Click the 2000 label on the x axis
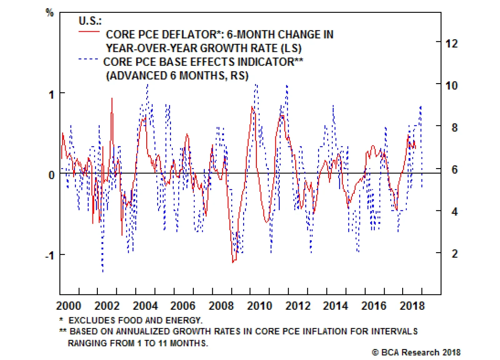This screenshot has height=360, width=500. [69, 306]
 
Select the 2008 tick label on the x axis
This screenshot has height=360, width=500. [221, 306]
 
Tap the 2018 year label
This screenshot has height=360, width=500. [412, 306]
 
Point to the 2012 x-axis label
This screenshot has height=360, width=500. [298, 306]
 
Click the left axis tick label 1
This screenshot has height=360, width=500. [52, 94]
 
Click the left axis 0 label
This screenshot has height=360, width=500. [52, 175]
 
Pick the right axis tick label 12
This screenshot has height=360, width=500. [452, 43]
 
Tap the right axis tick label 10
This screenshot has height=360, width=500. [452, 85]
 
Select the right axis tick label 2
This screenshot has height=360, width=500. [455, 253]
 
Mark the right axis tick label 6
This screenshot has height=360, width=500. [455, 170]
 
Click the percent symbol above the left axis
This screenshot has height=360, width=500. [50, 12]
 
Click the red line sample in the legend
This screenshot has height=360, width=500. [89, 32]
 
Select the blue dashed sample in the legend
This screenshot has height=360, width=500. [88, 59]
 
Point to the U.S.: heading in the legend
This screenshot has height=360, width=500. [90, 21]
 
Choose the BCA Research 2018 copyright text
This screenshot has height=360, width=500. [416, 352]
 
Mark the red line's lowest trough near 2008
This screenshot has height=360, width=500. [233, 262]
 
